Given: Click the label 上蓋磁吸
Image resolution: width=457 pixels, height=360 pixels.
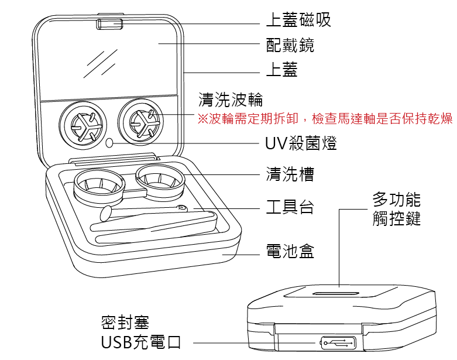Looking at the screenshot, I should tap(298, 20).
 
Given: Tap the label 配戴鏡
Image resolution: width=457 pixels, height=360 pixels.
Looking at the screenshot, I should tap(290, 44).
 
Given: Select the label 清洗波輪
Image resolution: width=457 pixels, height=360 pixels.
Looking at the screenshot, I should tap(231, 98).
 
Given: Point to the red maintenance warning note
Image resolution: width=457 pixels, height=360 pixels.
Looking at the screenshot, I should tap(325, 119).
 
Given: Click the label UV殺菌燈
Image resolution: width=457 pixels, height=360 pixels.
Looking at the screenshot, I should tap(301, 143).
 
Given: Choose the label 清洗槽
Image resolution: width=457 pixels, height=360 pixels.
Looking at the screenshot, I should tap(290, 174).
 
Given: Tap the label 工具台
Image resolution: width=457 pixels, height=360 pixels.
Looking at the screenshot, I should tap(290, 207).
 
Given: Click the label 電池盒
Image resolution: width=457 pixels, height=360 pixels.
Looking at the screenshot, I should tap(290, 252).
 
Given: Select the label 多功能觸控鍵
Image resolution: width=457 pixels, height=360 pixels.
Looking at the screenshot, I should tap(396, 210).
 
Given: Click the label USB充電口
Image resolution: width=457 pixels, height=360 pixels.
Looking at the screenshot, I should tap(141, 343).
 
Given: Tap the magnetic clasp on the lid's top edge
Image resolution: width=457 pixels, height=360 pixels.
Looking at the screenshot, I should tap(109, 24).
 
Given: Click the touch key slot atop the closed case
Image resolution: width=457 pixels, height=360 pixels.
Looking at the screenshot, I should tap(338, 292).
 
